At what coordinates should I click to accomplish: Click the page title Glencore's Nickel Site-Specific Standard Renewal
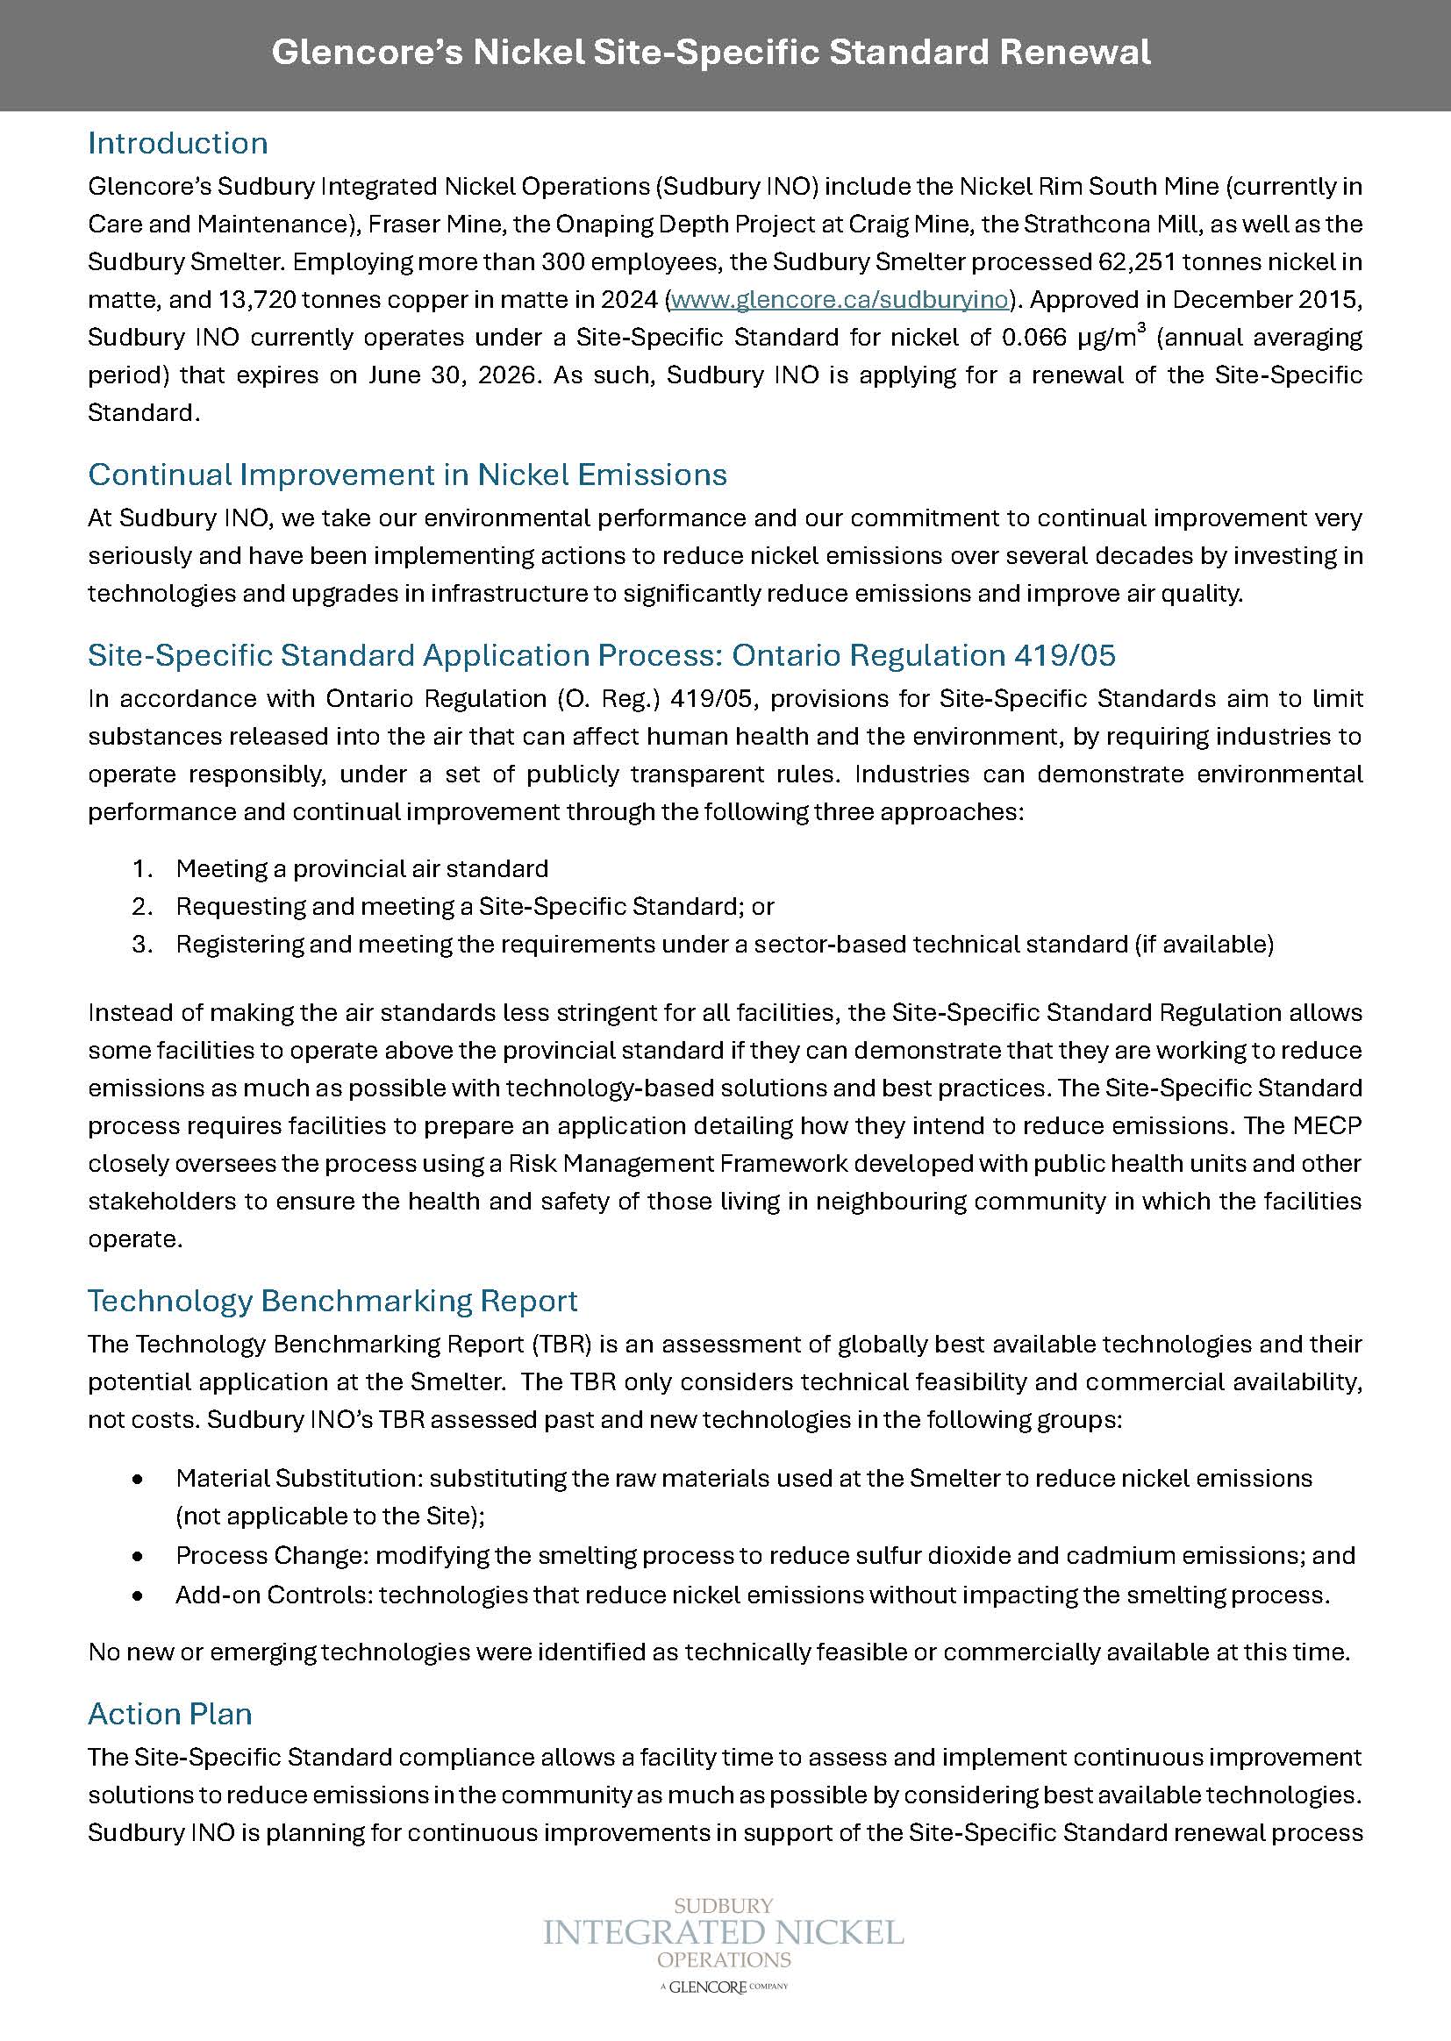711,54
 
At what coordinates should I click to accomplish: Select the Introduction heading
178,143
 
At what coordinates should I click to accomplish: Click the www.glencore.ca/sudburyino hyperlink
839,299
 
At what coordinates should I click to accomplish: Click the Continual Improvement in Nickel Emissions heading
407,475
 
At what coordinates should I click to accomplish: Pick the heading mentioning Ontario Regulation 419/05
601,655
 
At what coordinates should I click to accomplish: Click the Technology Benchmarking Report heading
332,1301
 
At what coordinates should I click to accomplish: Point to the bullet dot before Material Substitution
138,1479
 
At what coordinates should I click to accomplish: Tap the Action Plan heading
170,1714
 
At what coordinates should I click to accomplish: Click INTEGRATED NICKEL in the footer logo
724,1934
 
